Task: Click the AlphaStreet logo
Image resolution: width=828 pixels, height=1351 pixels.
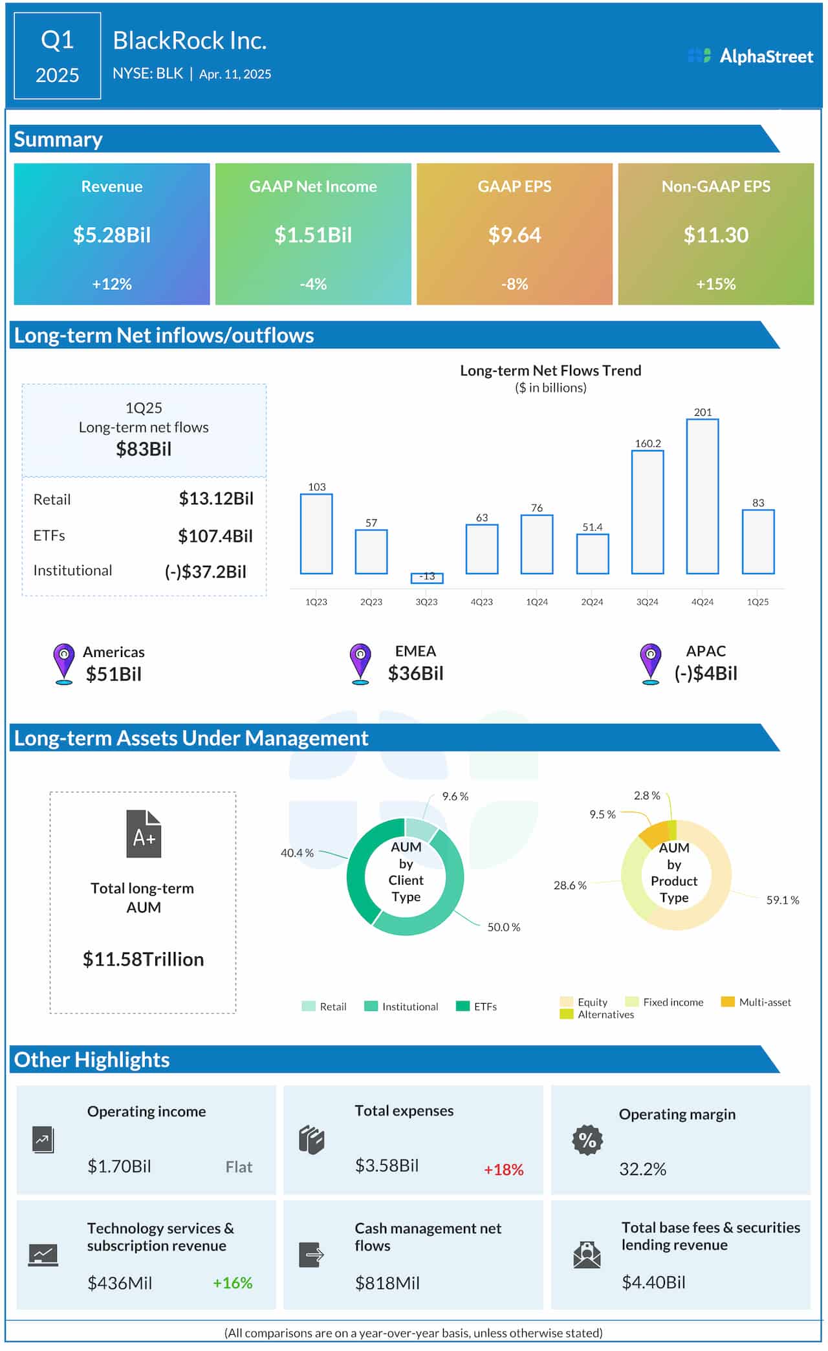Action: [750, 56]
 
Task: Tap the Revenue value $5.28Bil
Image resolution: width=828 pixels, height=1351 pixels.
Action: [112, 235]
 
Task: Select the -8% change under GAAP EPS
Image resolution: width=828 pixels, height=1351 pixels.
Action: [514, 284]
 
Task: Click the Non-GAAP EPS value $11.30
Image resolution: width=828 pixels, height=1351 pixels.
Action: [715, 235]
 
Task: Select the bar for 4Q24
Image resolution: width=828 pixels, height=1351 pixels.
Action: [702, 496]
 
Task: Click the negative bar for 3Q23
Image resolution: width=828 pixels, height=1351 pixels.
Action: [426, 578]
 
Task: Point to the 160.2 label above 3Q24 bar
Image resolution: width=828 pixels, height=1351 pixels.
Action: [648, 443]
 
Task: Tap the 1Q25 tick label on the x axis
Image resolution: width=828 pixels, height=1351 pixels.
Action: [757, 601]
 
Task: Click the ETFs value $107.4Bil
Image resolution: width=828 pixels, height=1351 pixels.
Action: [215, 535]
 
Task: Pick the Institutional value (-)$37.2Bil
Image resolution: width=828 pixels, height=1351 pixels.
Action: [206, 572]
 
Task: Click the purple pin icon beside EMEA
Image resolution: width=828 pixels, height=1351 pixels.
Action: [360, 662]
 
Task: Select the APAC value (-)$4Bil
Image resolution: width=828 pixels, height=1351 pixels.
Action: [706, 673]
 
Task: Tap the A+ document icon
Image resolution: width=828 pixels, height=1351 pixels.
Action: [144, 834]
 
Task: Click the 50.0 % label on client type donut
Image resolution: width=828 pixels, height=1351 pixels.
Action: [503, 927]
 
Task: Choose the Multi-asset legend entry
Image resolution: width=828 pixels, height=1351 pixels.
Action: [756, 1002]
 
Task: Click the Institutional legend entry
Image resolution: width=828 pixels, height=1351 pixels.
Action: [402, 1006]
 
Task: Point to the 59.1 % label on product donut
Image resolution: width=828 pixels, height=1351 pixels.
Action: [782, 900]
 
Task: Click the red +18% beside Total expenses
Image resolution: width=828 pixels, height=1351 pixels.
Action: [503, 1169]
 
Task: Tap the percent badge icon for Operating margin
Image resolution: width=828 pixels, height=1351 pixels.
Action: [587, 1140]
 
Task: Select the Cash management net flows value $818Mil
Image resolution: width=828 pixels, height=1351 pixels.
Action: [387, 1283]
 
